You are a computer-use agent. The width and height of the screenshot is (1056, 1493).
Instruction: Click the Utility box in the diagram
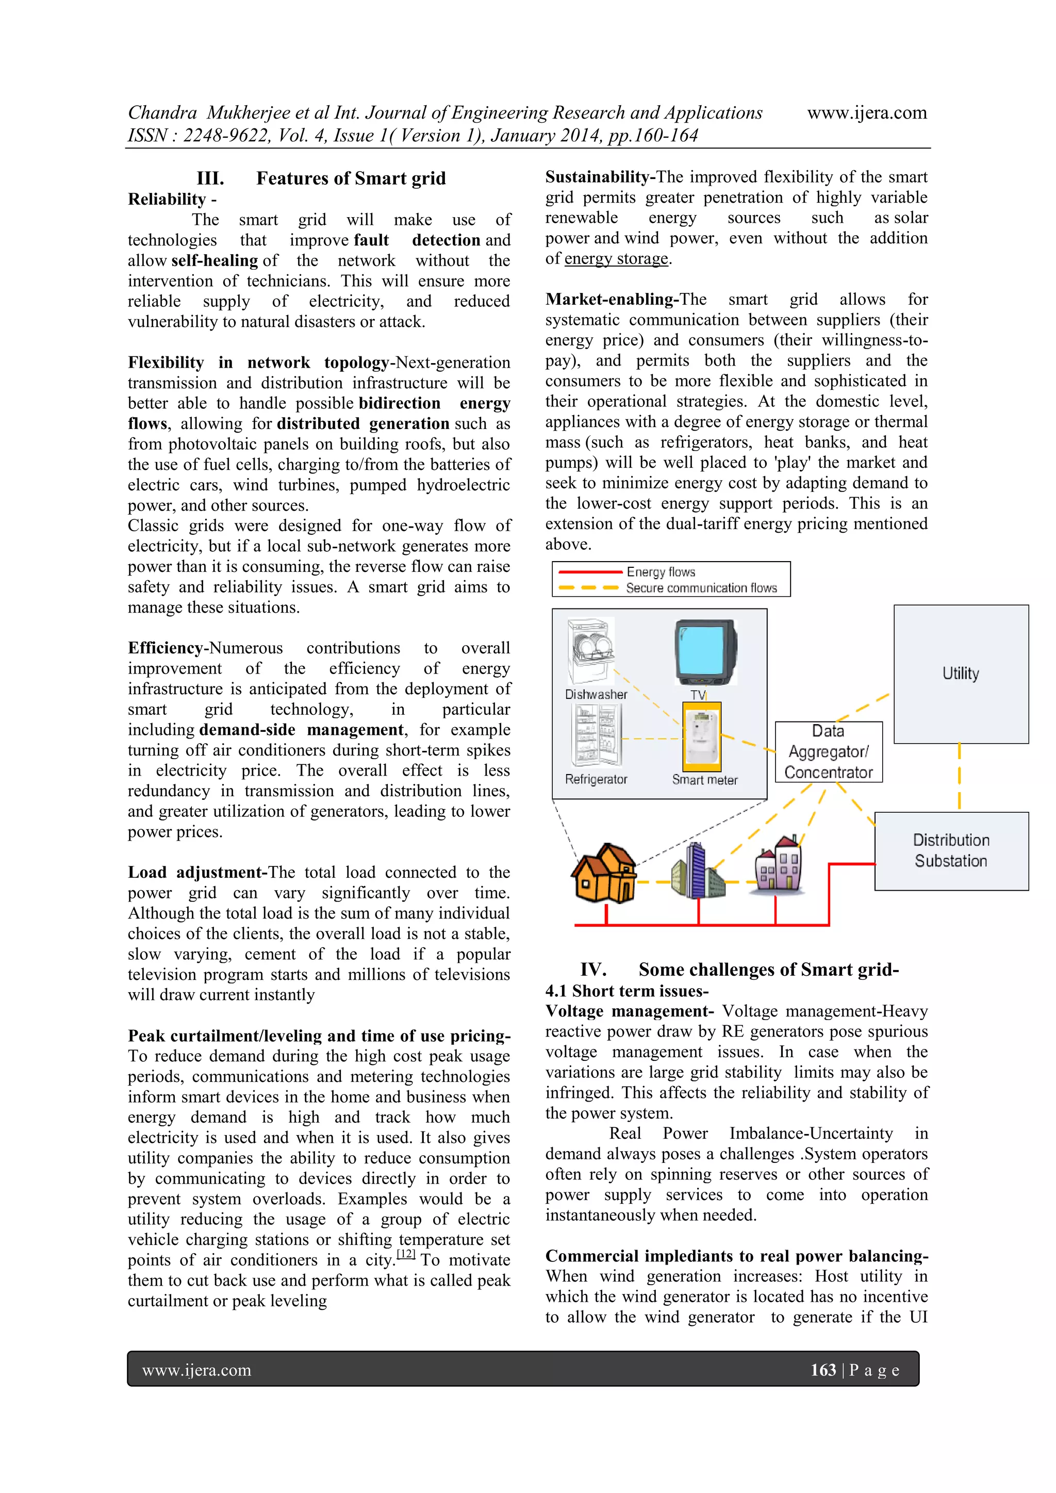coord(961,674)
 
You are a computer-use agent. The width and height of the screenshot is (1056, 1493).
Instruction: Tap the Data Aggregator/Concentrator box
coord(829,752)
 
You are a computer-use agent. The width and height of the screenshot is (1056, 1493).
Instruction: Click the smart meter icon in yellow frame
coord(702,736)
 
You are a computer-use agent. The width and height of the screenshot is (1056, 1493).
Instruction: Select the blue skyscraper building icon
coord(697,870)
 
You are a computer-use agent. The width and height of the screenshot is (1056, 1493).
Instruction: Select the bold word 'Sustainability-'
coord(600,177)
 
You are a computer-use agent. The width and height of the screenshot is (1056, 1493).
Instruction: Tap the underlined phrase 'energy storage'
coord(616,259)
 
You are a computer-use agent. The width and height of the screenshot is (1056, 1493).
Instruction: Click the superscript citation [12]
coord(406,1254)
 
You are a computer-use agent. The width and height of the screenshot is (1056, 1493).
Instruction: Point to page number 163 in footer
coord(822,1370)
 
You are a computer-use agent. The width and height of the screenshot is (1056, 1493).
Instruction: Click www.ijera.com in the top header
coord(866,112)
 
